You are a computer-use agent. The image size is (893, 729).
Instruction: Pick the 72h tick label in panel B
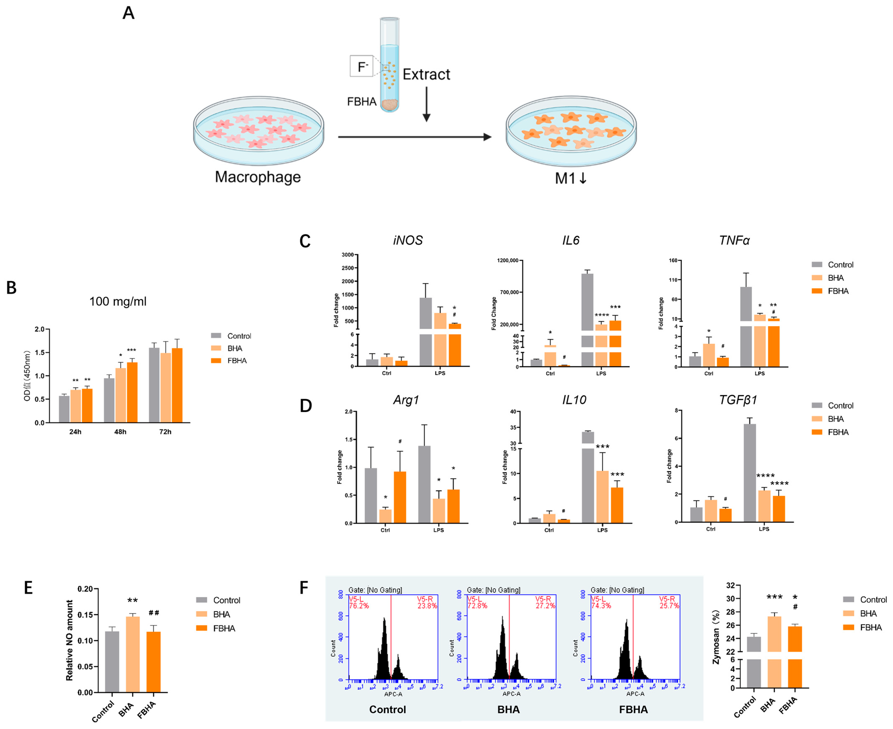point(165,432)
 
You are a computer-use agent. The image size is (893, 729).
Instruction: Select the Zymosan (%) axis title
point(716,637)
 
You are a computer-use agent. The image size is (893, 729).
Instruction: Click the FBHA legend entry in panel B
point(236,361)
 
